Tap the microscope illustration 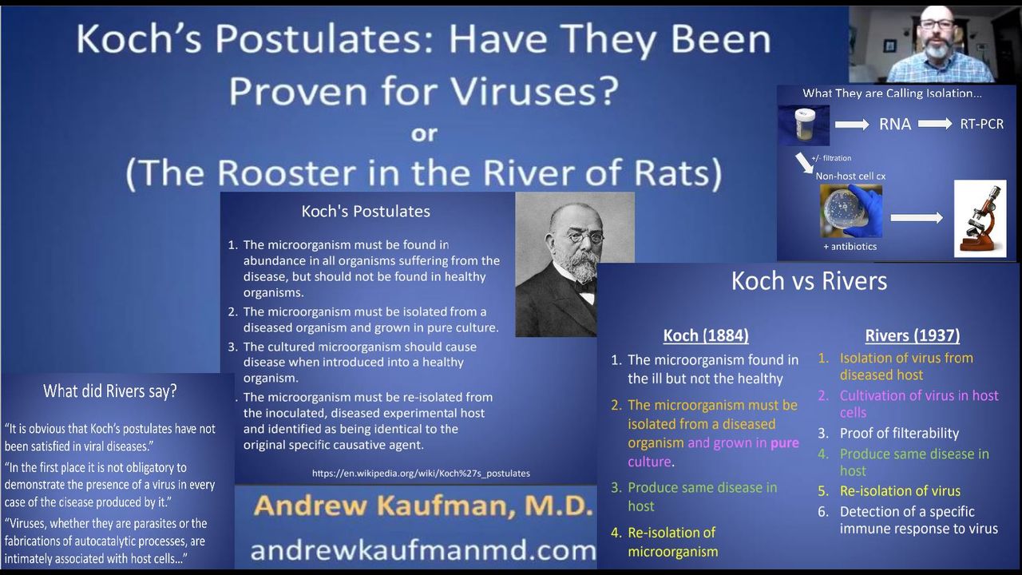tap(980, 219)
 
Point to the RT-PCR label tap(982, 124)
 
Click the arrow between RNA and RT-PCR tap(935, 124)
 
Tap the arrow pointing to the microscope tap(917, 218)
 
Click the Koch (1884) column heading tap(706, 335)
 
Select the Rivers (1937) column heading tap(913, 335)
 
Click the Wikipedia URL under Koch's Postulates tap(421, 474)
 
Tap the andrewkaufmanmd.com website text tap(423, 550)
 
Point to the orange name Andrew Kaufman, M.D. tap(423, 506)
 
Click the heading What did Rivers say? tap(110, 391)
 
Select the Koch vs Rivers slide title tap(810, 280)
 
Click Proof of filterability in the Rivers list tap(899, 433)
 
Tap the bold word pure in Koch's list tap(785, 442)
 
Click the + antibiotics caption tap(850, 247)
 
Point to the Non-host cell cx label tap(850, 176)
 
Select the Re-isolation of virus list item tap(900, 491)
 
